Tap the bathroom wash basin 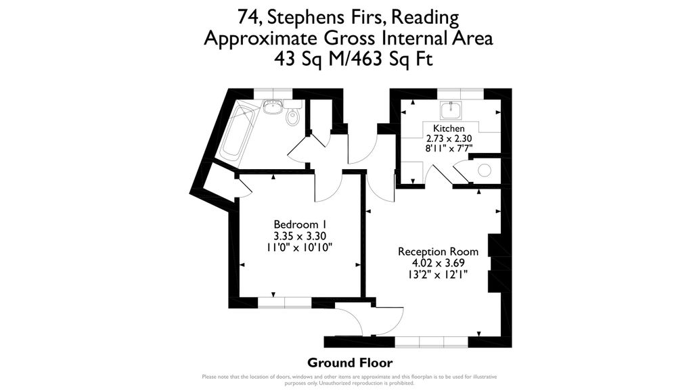point(273,107)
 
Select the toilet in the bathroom point(292,118)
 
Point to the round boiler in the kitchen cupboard point(485,170)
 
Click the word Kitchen point(449,128)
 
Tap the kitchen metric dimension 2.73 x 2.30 point(449,139)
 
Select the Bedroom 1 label point(300,224)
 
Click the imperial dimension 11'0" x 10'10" point(300,247)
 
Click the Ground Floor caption point(349,363)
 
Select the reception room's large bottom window point(431,342)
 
